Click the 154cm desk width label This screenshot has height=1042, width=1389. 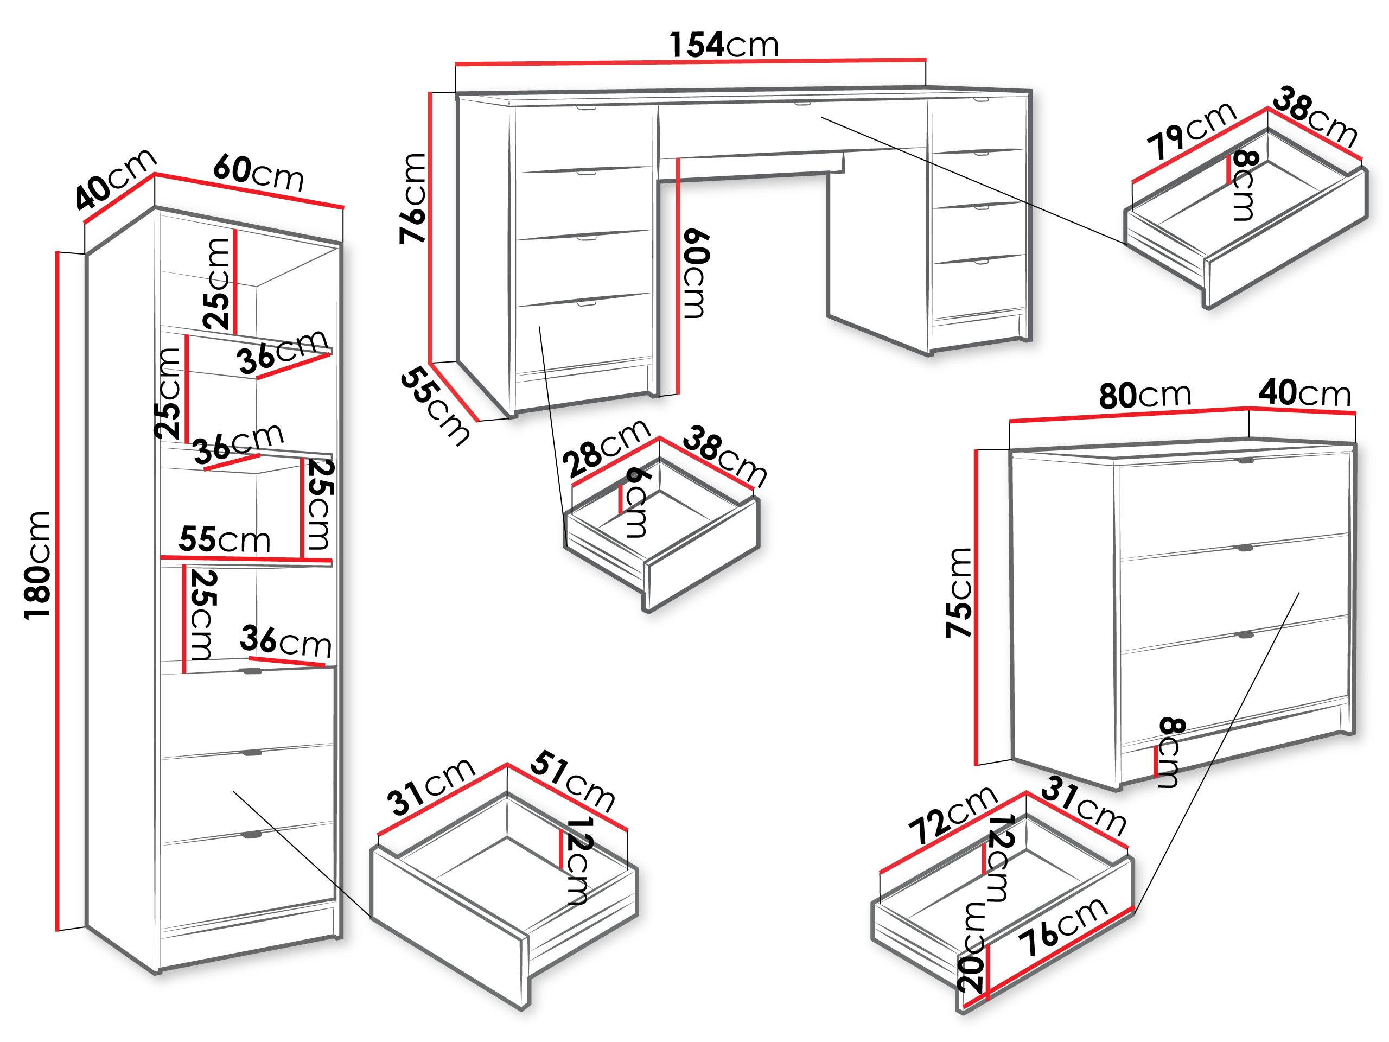pos(723,45)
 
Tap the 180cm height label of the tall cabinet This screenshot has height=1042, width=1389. pos(37,566)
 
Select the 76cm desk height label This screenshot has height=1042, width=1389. pos(412,198)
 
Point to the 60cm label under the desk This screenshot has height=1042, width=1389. pos(695,274)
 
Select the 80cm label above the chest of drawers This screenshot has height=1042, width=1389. pos(1145,395)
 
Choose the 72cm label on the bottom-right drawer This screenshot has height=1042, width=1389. pos(953,815)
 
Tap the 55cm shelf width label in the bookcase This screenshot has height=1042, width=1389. pos(225,539)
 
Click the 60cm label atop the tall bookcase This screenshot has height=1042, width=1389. pos(259,172)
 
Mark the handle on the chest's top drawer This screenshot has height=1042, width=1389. pos(1245,460)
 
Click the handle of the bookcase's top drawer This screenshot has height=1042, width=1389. pos(252,671)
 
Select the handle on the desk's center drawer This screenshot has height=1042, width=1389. pos(802,104)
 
